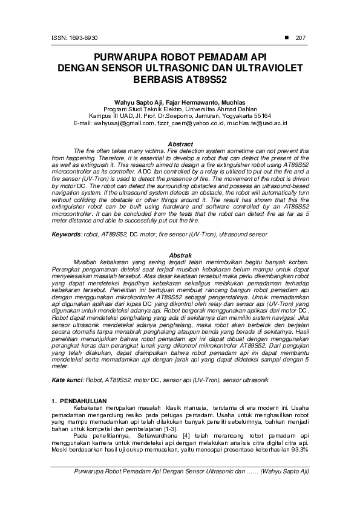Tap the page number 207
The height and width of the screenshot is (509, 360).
301,39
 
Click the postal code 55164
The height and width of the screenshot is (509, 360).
262,116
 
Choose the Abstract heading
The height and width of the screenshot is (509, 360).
180,144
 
